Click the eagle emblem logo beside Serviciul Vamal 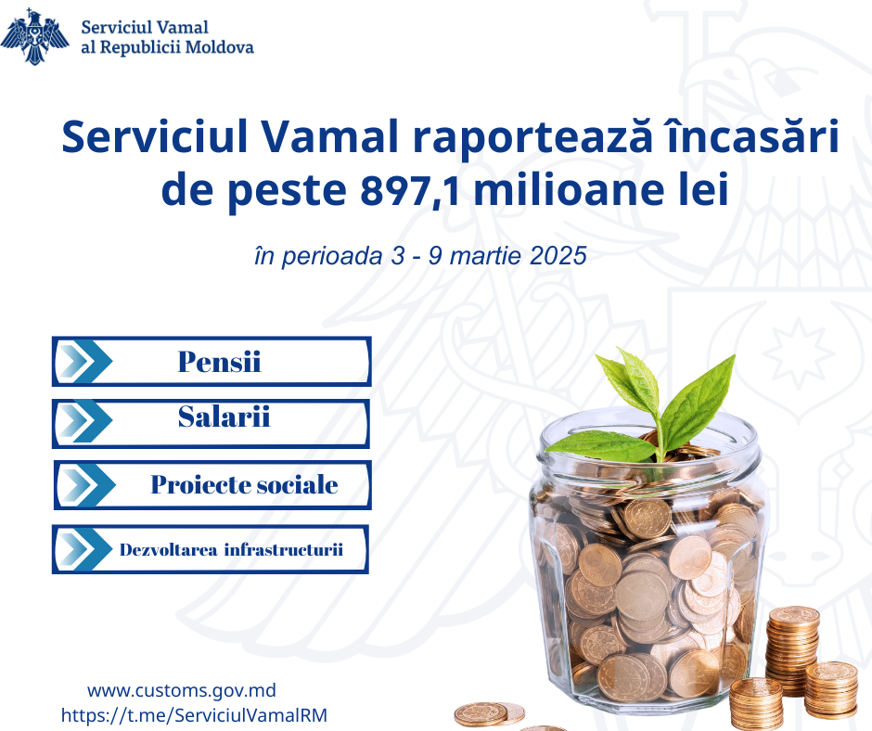[x=34, y=37]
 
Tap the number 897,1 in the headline [x=410, y=190]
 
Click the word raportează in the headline [x=532, y=138]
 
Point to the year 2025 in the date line [x=558, y=256]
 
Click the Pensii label [x=219, y=362]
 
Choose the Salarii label [x=224, y=417]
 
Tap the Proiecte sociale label [x=244, y=484]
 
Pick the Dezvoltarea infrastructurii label [x=231, y=549]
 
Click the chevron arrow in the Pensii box [x=85, y=361]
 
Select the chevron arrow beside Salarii [x=85, y=422]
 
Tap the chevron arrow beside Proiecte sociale [x=88, y=484]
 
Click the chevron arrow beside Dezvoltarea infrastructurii [x=85, y=549]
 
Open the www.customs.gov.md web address [x=182, y=691]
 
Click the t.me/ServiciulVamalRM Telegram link [x=194, y=715]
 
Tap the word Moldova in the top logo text [x=219, y=47]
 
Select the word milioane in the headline [x=569, y=190]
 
